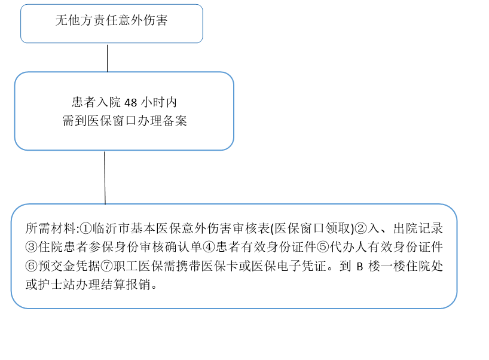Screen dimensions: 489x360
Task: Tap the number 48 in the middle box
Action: click(131, 102)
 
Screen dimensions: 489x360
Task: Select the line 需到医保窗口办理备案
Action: click(125, 121)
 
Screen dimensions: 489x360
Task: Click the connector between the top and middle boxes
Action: click(107, 58)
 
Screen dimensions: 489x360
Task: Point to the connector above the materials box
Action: click(105, 178)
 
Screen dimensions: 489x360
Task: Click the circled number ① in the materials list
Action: click(85, 228)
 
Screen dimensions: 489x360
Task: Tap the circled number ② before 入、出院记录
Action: click(361, 228)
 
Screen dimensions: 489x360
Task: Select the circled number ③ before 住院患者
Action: click(32, 248)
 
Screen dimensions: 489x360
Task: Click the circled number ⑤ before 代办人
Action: click(323, 248)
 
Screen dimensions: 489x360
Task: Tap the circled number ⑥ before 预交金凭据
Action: click(32, 266)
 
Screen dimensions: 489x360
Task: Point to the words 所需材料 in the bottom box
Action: click(51, 228)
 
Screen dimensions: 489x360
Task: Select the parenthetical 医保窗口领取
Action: click(313, 228)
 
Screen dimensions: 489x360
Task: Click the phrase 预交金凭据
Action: click(69, 266)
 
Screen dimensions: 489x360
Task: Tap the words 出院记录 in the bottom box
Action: click(418, 228)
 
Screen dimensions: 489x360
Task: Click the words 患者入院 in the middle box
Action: click(96, 102)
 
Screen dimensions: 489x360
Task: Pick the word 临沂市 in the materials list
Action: click(111, 228)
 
